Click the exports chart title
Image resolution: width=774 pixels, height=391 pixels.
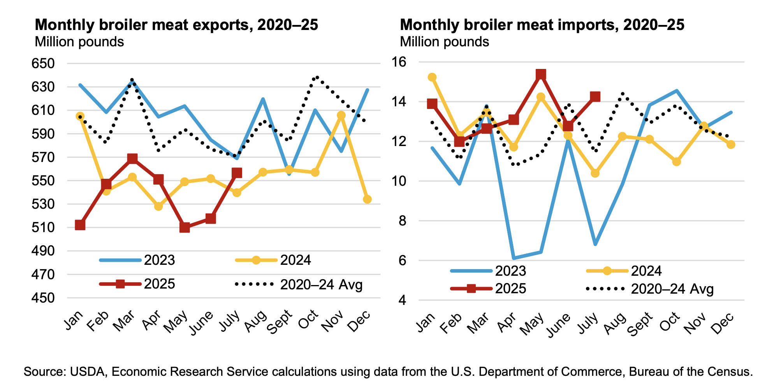coord(176,25)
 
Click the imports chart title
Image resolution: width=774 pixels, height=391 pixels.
coord(542,25)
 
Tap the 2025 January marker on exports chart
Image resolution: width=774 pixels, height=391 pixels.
coord(80,225)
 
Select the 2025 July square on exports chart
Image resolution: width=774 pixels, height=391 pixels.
coord(237,173)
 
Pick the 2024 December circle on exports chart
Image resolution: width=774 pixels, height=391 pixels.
coord(367,199)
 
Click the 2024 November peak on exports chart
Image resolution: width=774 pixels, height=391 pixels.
coord(341,115)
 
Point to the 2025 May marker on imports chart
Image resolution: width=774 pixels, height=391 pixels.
coord(541,74)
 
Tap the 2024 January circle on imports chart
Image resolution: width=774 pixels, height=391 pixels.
coord(432,77)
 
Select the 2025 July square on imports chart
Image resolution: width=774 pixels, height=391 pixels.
coord(595,97)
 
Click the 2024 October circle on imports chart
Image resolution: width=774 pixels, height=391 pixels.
coord(677,162)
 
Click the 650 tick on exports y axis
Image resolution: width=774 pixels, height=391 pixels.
coord(43,63)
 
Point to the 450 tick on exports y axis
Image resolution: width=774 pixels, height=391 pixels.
coord(43,298)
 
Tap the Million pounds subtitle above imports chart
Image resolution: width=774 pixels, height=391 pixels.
coord(444,42)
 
